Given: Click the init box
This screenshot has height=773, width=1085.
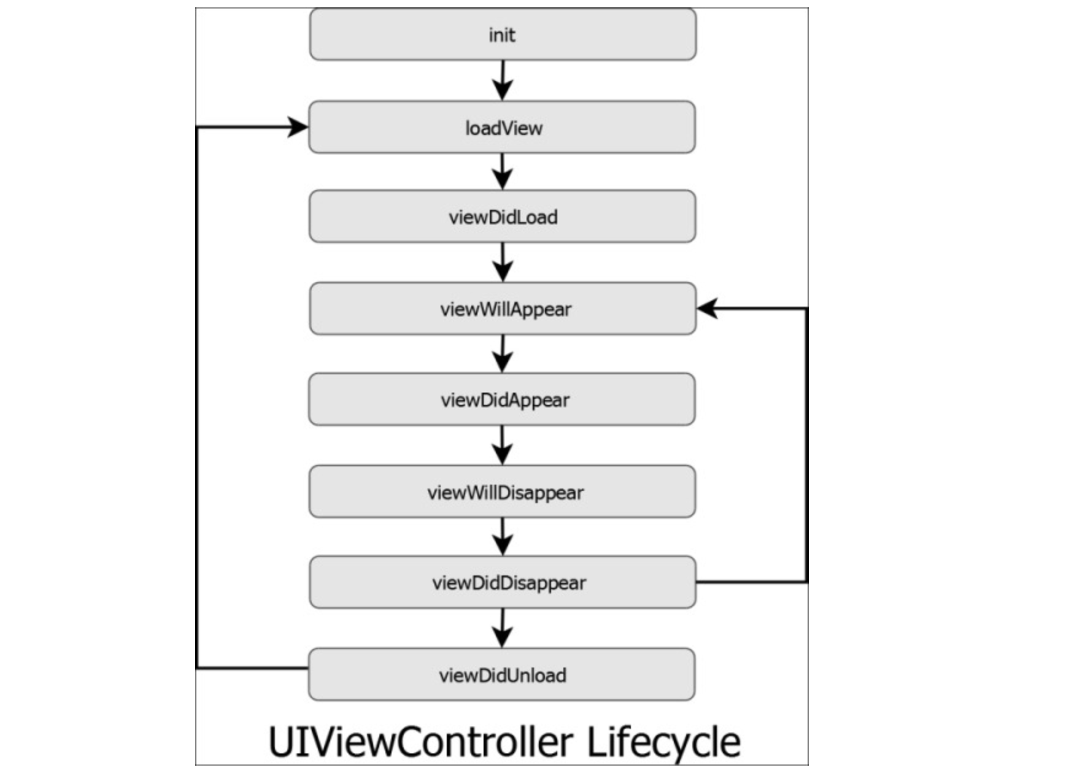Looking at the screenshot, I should (x=503, y=34).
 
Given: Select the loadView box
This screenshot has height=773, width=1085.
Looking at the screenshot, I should (x=503, y=128).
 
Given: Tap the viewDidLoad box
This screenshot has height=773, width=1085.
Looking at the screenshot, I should (x=503, y=217).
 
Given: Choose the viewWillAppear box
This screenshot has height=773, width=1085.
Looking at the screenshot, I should (x=503, y=309).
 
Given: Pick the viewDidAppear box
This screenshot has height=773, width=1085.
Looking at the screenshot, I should (x=503, y=399).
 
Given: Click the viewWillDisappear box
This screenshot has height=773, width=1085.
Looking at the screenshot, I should (x=503, y=491).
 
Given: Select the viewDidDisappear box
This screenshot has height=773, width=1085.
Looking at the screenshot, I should (x=503, y=582).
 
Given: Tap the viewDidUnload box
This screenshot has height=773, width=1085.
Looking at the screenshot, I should (x=503, y=674).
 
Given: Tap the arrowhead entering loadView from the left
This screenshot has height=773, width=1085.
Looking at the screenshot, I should (x=298, y=127).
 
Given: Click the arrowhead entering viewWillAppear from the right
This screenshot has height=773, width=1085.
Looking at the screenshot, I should (x=708, y=308).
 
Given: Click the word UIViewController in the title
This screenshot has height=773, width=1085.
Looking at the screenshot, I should (x=420, y=742).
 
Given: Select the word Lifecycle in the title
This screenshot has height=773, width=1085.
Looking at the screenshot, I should (x=663, y=742).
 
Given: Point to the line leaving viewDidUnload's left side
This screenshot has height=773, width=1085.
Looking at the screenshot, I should (x=252, y=667).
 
